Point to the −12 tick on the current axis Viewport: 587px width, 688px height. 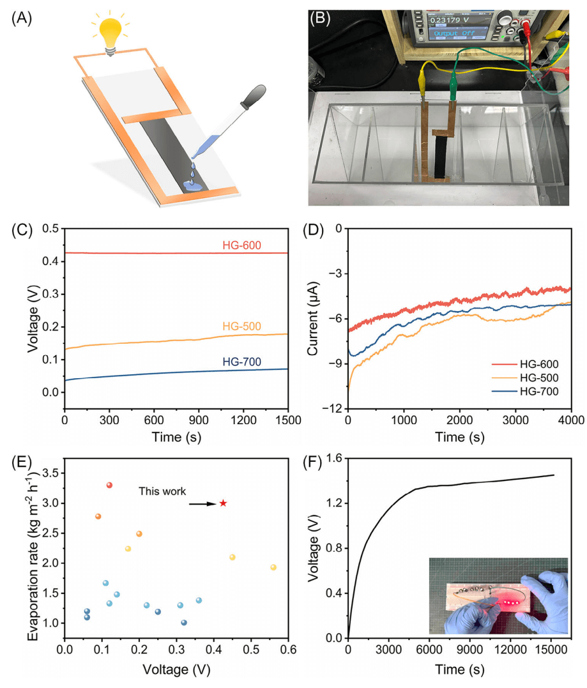tap(334, 409)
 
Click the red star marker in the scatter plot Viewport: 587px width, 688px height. tap(223, 503)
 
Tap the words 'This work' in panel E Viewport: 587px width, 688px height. tap(163, 491)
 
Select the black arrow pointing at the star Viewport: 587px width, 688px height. tap(203, 504)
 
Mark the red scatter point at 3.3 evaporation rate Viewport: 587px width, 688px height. tap(109, 485)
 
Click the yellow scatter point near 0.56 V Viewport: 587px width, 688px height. tap(273, 567)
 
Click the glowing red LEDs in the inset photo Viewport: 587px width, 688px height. tap(510, 602)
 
